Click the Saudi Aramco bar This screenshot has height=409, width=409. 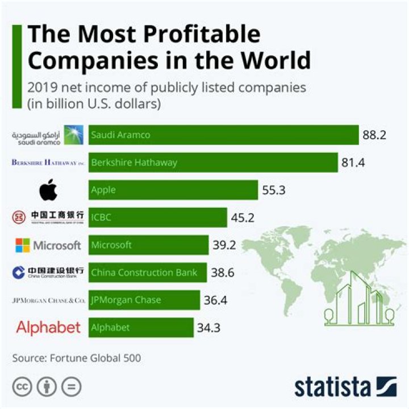[223, 135]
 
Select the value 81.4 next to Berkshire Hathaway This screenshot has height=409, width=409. [353, 162]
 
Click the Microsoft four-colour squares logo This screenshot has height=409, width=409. [22, 245]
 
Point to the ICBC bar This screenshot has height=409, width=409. [157, 217]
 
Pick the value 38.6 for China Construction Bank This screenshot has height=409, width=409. [223, 273]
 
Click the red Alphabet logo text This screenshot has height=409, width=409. [48, 327]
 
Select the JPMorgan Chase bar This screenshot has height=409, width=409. [144, 300]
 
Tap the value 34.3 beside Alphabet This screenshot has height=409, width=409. [210, 327]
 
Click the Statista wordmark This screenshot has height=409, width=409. [332, 387]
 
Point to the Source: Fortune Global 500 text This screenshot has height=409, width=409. [77, 358]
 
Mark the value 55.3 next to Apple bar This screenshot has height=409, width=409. [273, 190]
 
